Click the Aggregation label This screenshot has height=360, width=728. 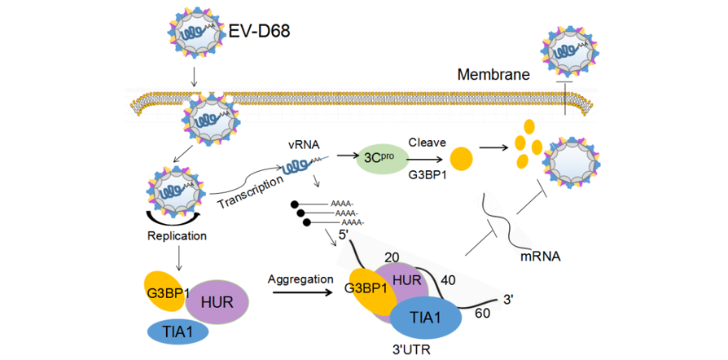(300, 279)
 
